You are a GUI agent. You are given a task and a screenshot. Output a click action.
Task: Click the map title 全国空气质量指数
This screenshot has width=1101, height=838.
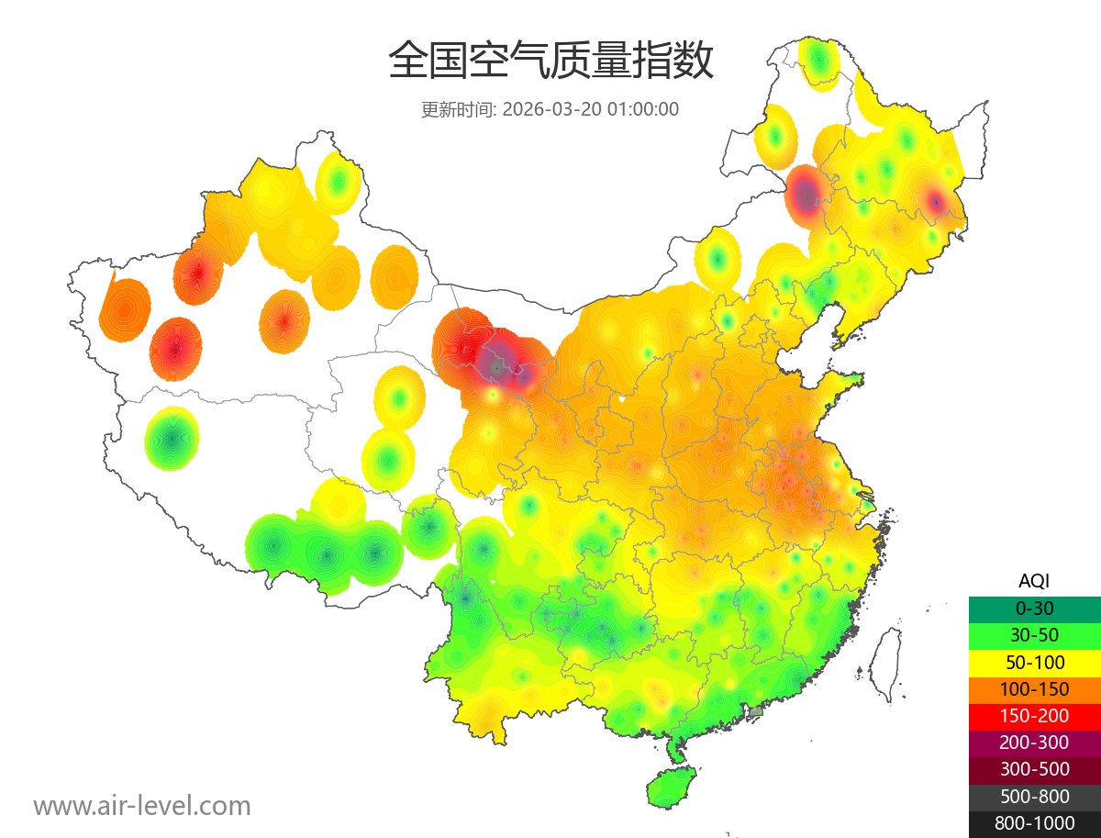point(550,61)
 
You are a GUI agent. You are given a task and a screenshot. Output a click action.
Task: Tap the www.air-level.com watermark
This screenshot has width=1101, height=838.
point(142,806)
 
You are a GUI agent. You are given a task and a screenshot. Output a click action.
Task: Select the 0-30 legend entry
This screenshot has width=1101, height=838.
point(1034,609)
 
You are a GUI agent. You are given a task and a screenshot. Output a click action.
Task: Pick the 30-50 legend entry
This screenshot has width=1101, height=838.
point(1034,635)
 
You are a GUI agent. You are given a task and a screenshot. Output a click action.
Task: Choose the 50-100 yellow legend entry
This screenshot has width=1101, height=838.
point(1034,662)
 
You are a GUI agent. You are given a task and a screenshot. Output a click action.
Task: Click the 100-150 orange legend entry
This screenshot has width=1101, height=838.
point(1034,689)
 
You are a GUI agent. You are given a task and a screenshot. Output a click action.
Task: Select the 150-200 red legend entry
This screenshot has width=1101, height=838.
point(1034,716)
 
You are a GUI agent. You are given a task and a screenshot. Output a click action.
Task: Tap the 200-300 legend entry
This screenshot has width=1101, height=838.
point(1034,743)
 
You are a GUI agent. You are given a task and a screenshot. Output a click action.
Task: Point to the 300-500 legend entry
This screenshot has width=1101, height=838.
point(1034,769)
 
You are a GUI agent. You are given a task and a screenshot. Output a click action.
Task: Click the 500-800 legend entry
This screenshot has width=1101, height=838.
point(1034,797)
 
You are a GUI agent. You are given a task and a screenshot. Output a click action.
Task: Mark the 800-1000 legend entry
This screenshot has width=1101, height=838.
point(1034,823)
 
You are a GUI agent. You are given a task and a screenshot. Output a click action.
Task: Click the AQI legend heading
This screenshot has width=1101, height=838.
point(1034,581)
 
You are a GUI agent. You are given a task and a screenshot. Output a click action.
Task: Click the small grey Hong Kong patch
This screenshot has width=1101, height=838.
point(756,711)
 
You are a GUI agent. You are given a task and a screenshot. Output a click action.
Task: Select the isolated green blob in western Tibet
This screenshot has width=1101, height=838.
point(172,440)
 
